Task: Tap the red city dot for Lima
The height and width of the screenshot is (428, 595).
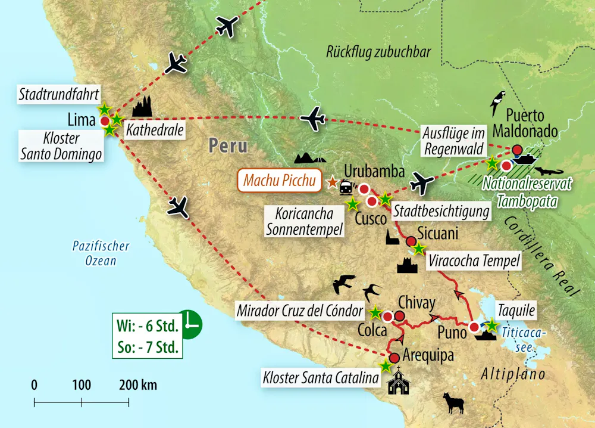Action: click(x=105, y=121)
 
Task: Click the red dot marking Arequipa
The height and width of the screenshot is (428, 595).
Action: click(x=394, y=359)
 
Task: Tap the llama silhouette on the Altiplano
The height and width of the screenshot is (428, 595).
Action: click(x=455, y=404)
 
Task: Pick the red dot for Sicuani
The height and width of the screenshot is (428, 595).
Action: click(x=411, y=241)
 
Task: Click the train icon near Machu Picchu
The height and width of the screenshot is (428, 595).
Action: click(x=345, y=189)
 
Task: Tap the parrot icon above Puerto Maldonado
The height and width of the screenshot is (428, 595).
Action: click(x=497, y=103)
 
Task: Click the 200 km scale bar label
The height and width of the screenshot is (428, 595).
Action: click(x=138, y=384)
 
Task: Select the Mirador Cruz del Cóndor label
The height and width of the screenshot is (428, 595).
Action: click(x=301, y=311)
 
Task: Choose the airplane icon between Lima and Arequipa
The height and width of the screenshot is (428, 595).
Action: click(x=178, y=208)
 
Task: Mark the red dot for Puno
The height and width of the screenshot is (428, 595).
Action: click(x=474, y=327)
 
